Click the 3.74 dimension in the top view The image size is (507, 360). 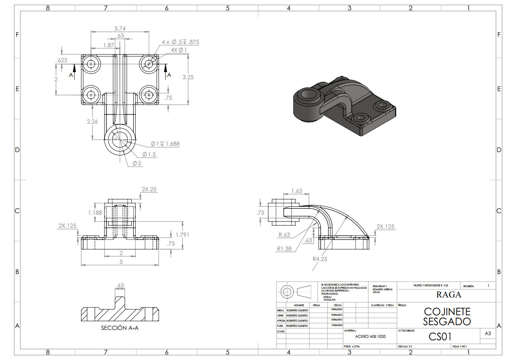click(120, 28)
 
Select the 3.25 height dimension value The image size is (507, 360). click(188, 77)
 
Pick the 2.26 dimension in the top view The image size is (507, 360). click(92, 122)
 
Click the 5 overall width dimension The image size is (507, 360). click(121, 261)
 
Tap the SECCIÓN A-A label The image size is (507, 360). click(120, 328)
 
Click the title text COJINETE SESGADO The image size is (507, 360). click(447, 316)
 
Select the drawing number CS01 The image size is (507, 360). click(440, 336)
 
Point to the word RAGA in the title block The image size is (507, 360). click(448, 295)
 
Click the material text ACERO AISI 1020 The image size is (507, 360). click(370, 336)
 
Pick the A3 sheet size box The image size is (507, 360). click(488, 333)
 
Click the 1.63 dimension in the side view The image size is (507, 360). click(296, 191)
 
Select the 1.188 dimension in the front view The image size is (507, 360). click(95, 213)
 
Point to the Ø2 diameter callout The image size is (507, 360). click(137, 163)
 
